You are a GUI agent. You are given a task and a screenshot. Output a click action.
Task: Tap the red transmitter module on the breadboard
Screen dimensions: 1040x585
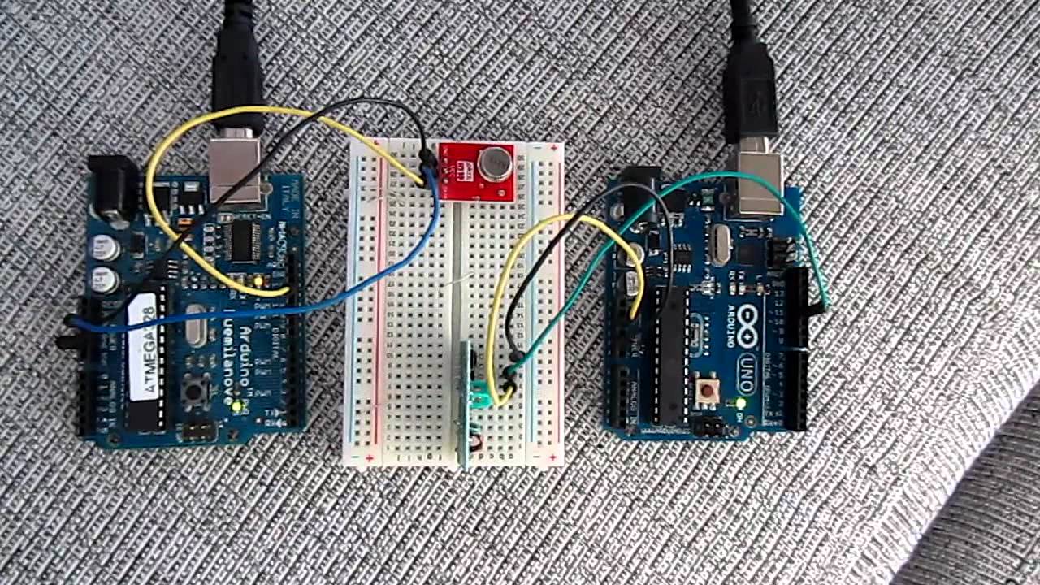pyautogui.click(x=475, y=171)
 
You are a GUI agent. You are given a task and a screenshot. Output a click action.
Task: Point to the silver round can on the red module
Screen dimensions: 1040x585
pyautogui.click(x=494, y=163)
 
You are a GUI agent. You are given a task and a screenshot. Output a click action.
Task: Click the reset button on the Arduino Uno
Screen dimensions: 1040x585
pyautogui.click(x=708, y=391)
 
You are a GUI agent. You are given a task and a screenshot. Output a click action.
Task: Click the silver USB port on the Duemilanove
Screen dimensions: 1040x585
pyautogui.click(x=236, y=169)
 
